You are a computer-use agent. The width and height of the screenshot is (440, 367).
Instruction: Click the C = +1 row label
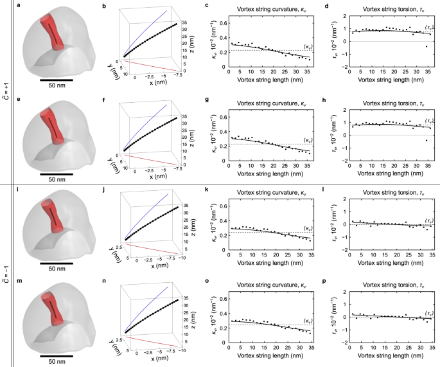click(x=6, y=92)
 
